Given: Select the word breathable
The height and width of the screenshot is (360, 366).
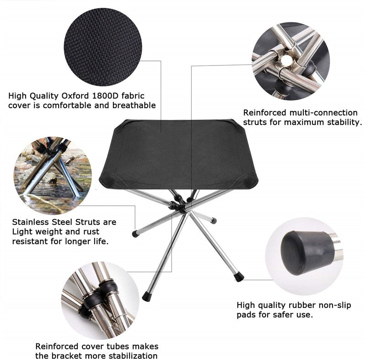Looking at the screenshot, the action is click(134, 105).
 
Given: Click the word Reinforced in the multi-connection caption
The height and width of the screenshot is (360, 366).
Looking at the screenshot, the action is click(264, 113).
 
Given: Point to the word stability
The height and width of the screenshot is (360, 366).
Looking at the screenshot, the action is click(344, 122).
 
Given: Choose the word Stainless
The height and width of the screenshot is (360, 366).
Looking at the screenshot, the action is click(30, 222).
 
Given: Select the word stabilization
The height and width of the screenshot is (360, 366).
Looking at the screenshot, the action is click(133, 356).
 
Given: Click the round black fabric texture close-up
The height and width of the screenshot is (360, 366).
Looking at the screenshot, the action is click(103, 47).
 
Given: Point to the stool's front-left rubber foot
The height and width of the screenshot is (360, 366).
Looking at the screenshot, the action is click(146, 296).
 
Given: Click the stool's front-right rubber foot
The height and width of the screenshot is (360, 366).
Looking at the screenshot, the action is click(239, 277).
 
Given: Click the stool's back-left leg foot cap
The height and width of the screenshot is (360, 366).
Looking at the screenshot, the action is click(135, 234).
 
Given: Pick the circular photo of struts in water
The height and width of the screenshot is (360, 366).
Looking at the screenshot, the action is click(53, 175).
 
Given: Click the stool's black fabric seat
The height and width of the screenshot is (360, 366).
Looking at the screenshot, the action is click(178, 154).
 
